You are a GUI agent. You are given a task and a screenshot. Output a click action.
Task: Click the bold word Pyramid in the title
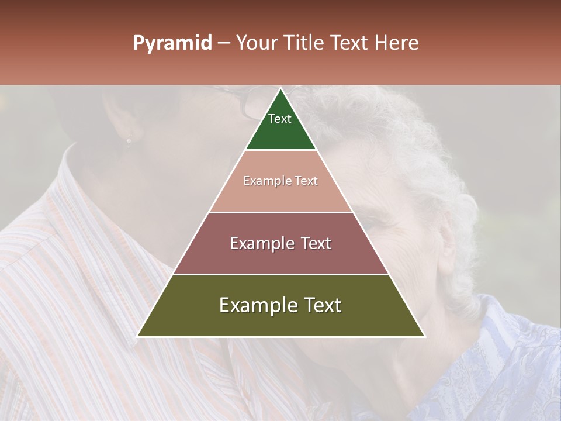pyautogui.click(x=172, y=43)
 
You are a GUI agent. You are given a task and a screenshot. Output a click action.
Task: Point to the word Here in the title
pyautogui.click(x=397, y=43)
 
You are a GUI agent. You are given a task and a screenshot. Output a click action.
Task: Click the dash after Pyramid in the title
pyautogui.click(x=223, y=43)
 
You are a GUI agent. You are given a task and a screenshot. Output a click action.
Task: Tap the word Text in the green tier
pyautogui.click(x=280, y=119)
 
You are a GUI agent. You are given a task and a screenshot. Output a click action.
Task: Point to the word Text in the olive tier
pyautogui.click(x=320, y=305)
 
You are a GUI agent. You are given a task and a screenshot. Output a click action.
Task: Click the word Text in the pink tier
pyautogui.click(x=306, y=181)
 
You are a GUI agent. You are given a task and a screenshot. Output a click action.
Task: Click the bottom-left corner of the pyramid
pyautogui.click(x=138, y=336)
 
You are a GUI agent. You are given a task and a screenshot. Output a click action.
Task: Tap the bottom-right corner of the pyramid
pyautogui.click(x=424, y=336)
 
